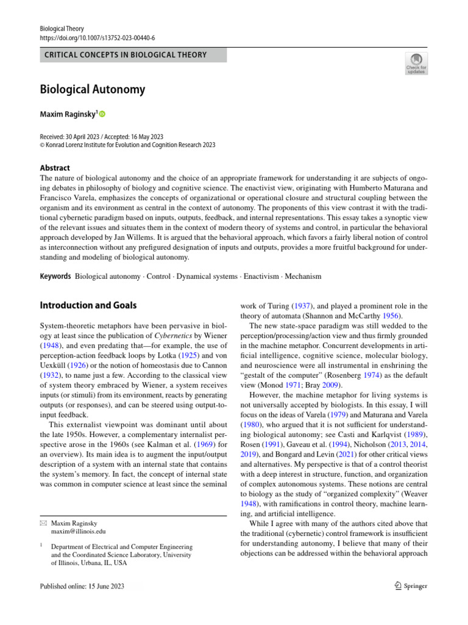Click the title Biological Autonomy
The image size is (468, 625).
click(x=92, y=90)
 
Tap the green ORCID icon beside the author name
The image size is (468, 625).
click(x=102, y=114)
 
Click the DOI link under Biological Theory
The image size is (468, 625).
click(x=97, y=37)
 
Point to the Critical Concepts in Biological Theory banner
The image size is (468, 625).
click(x=133, y=55)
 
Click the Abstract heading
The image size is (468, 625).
click(x=54, y=168)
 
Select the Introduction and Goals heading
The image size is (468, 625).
click(x=88, y=305)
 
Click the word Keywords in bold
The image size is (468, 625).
click(x=55, y=276)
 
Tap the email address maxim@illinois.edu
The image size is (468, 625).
click(x=79, y=532)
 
